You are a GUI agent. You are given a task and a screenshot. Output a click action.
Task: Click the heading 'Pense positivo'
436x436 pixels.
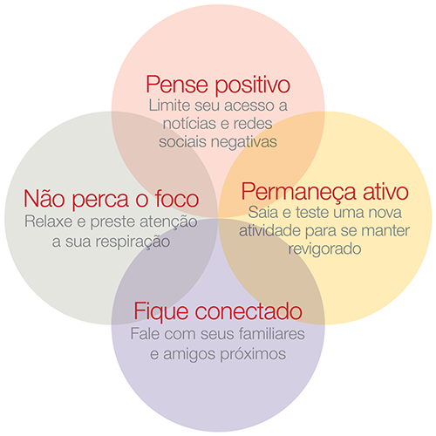pos(218,85)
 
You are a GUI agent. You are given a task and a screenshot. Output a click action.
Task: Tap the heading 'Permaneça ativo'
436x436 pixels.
pos(325,192)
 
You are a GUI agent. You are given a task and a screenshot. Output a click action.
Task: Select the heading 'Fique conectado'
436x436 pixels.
pos(218,311)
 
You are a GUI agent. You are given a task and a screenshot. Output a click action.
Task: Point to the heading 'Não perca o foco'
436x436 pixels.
pos(112,199)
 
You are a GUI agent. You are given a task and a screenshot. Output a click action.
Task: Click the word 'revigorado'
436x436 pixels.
pos(324,249)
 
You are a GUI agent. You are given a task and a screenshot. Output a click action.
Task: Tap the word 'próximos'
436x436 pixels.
pos(253,355)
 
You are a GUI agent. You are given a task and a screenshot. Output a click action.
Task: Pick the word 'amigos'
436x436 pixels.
pos(188,355)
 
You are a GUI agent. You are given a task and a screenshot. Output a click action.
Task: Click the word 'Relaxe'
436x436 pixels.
pos(48,221)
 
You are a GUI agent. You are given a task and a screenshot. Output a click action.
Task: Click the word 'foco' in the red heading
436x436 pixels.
pos(177,199)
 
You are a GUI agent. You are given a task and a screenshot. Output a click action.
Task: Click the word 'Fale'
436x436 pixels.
pos(145,334)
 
